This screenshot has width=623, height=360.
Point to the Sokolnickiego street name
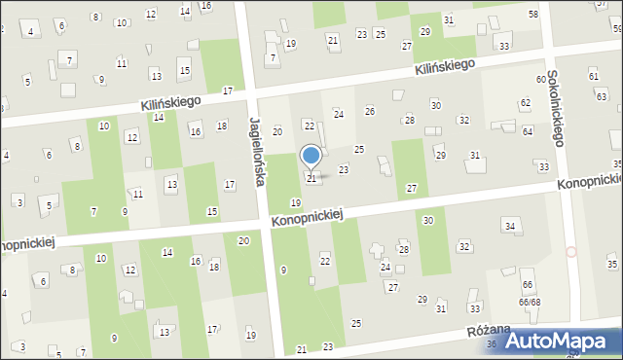pos(556,108)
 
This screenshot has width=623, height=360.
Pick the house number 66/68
pos(529,302)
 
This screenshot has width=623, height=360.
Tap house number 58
pos(532,15)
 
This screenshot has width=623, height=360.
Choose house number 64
pos(528,130)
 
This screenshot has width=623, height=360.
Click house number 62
pos(526,102)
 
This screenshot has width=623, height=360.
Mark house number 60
pos(540,79)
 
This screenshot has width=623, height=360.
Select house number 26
pos(370,111)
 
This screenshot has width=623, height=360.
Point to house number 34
pos(509,227)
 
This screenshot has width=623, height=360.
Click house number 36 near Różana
pos(492,344)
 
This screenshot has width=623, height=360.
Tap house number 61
pos(593,75)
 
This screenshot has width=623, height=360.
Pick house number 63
pos(602,96)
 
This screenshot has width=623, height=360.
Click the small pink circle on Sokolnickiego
pos(571,252)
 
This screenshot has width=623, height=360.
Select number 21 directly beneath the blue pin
pos(311,179)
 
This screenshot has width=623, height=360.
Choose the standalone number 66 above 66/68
pos(527,285)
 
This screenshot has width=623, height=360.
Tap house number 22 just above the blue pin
pos(310,126)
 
